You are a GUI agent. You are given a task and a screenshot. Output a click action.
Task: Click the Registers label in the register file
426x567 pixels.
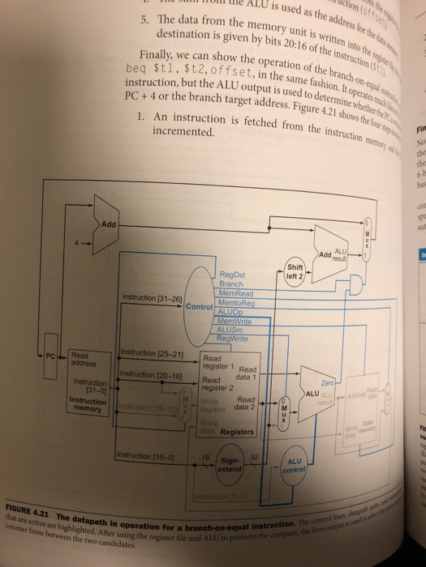pos(238,432)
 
